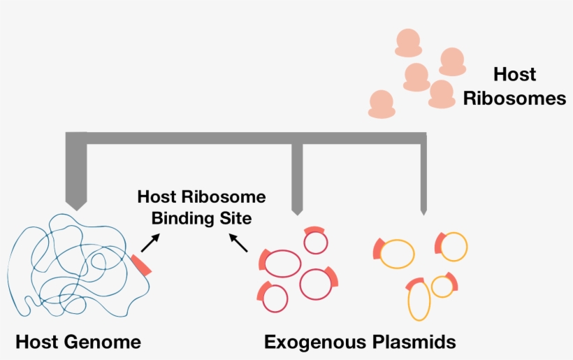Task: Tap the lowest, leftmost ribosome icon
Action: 382,103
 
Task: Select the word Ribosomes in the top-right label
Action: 514,99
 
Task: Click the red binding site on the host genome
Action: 141,264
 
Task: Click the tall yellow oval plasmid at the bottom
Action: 419,301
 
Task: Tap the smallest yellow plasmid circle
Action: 442,286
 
